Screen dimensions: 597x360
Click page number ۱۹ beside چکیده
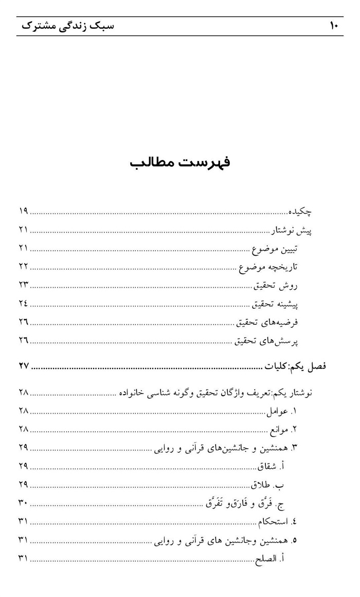point(23,211)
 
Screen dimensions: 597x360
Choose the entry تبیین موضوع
point(275,248)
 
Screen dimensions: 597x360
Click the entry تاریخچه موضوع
point(269,267)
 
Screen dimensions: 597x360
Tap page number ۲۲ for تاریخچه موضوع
point(23,267)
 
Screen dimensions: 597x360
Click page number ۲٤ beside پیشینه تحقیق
point(23,304)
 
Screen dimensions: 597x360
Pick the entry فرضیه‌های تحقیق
point(267,322)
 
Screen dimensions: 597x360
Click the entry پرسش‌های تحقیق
point(267,341)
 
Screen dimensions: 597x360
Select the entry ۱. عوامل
point(282,411)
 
